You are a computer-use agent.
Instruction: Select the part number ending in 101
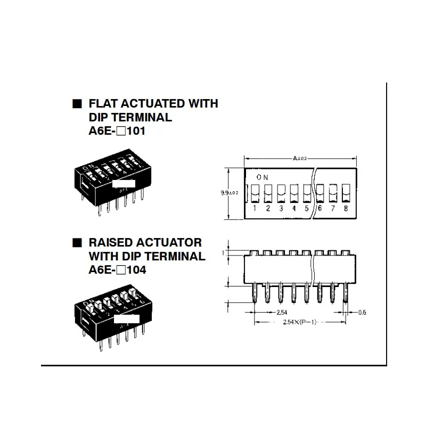coord(117,130)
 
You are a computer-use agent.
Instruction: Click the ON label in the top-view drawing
coord(262,177)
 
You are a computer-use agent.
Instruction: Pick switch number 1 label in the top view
coord(255,208)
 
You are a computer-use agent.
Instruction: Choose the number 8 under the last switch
coord(346,208)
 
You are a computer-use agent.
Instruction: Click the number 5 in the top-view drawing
coord(307,208)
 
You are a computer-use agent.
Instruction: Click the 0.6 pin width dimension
coord(363,312)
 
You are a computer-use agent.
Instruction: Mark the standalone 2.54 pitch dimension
coord(283,312)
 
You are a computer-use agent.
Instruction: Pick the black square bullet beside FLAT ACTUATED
coord(78,104)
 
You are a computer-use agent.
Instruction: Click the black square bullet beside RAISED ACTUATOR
coord(78,243)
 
